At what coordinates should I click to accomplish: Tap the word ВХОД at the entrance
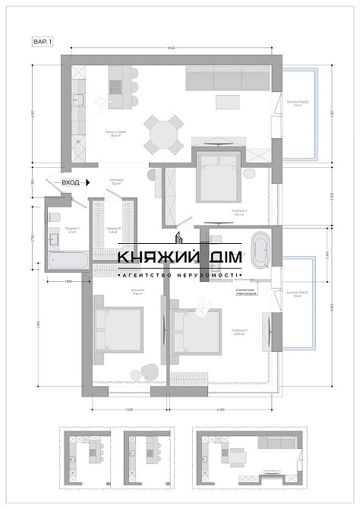(x=71, y=183)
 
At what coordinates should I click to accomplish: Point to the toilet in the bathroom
(x=52, y=218)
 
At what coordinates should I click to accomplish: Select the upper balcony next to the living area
(x=299, y=114)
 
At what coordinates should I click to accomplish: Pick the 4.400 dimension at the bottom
(x=220, y=411)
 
